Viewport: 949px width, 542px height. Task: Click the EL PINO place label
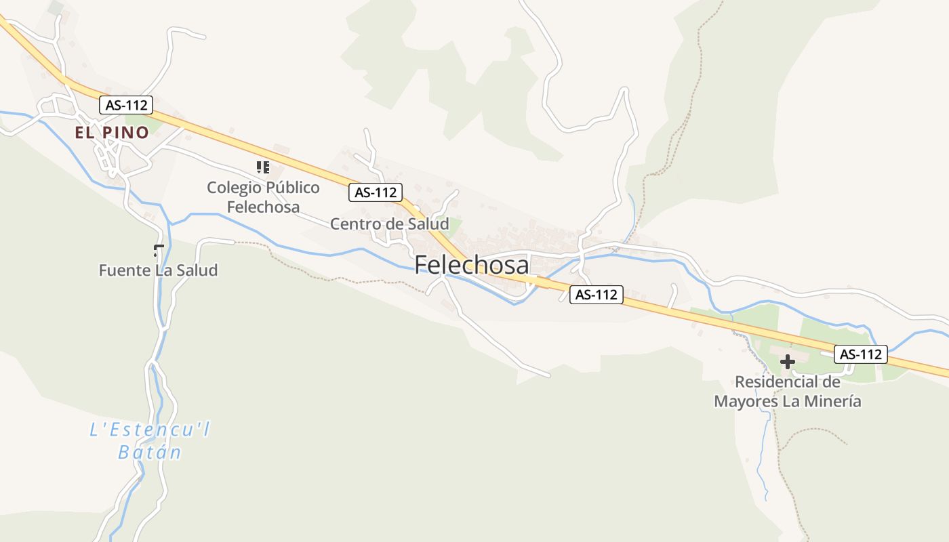click(112, 133)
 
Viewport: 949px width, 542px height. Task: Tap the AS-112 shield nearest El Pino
click(126, 105)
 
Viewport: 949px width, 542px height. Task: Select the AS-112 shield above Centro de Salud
click(376, 192)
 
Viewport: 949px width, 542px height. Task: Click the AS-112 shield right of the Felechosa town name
click(596, 295)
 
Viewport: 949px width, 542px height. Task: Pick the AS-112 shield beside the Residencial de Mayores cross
click(861, 354)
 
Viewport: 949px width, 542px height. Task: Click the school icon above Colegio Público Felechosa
click(263, 167)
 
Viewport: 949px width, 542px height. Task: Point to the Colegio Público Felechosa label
click(263, 196)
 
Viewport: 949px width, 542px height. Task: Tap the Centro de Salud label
click(389, 224)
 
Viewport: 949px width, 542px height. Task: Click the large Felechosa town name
click(472, 264)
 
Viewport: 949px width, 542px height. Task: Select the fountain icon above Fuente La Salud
click(159, 251)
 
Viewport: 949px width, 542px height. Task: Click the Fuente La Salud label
click(158, 270)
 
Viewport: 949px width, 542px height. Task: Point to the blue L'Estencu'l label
click(150, 430)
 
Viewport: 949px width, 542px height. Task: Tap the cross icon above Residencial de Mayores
click(787, 362)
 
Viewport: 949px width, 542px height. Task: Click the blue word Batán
click(150, 452)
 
